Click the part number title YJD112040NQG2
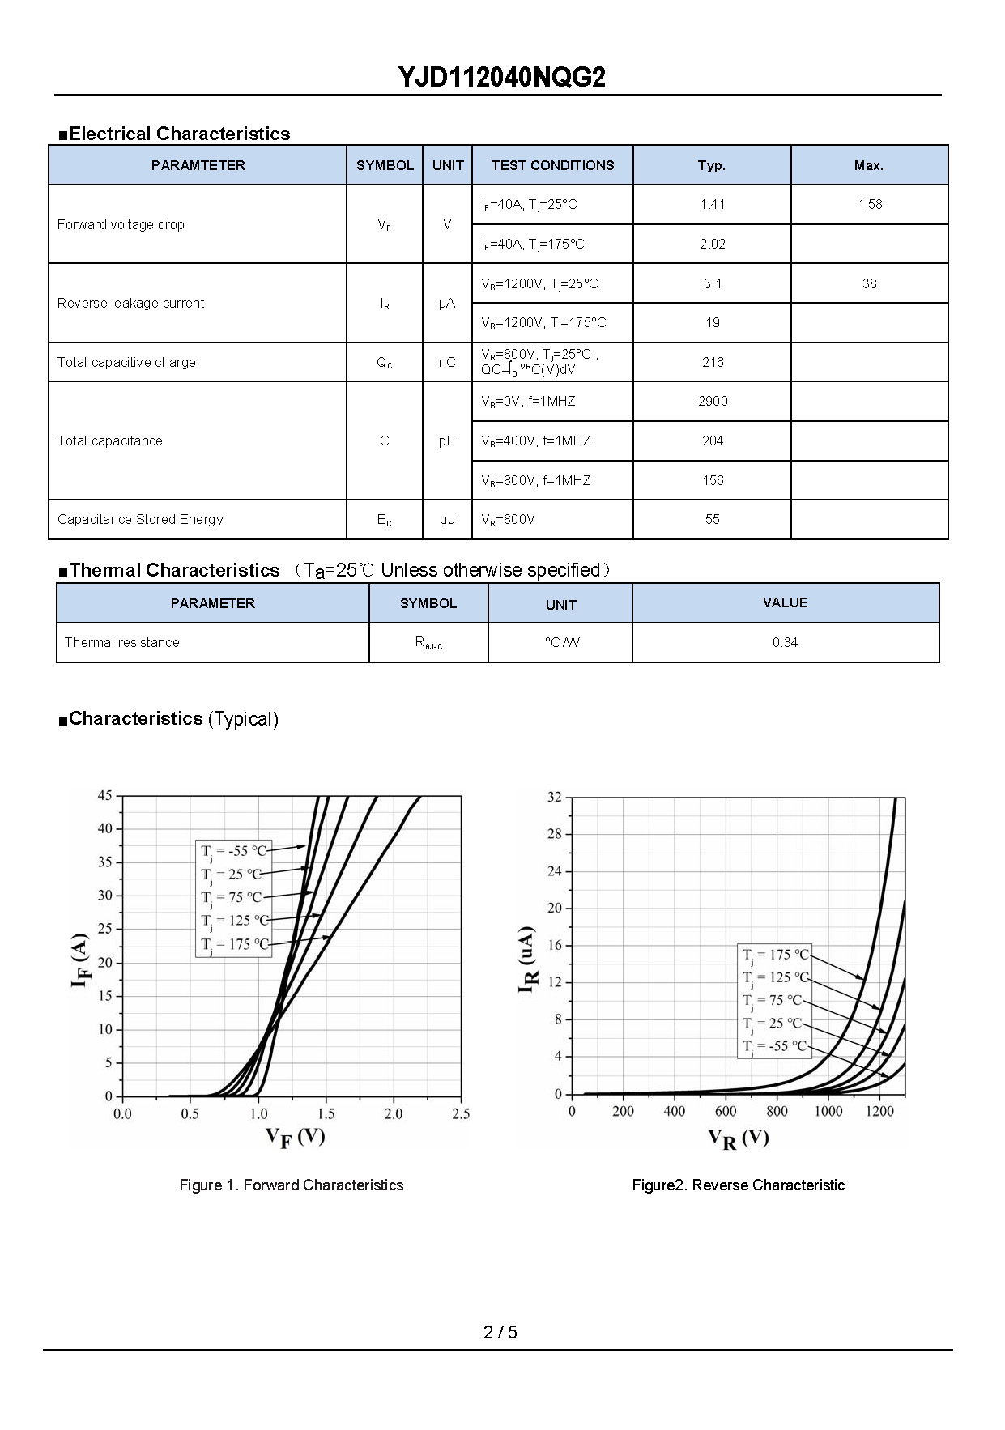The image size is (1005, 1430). [501, 78]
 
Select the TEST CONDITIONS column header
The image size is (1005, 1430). [552, 165]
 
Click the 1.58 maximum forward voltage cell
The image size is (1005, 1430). [870, 204]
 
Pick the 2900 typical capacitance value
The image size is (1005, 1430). [713, 401]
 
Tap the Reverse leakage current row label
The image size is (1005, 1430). [130, 303]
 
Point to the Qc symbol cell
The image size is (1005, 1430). [385, 363]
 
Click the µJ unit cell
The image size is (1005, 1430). [447, 519]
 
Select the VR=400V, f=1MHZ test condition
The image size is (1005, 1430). [535, 440]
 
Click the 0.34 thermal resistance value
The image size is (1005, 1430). [785, 642]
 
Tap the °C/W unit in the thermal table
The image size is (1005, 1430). [561, 642]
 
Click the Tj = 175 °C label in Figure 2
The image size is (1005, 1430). [776, 955]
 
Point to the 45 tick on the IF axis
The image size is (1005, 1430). [105, 795]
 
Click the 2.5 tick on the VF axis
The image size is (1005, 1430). [461, 1114]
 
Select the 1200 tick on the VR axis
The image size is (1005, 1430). [879, 1111]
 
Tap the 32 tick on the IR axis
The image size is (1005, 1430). [554, 797]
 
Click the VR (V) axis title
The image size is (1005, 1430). [738, 1138]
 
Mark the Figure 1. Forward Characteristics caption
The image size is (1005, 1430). [291, 1185]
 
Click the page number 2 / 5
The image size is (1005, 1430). [500, 1332]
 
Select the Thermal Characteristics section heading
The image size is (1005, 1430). [174, 570]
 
